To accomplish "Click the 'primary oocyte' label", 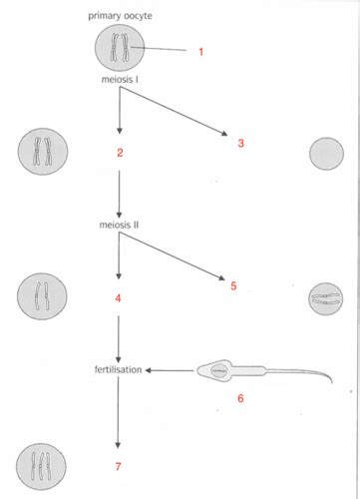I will [x=121, y=16].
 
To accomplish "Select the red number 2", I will [x=119, y=152].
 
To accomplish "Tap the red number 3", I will [x=240, y=144].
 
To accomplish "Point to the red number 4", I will [x=119, y=298].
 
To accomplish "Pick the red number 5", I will [x=233, y=285].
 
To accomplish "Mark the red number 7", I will [x=119, y=465].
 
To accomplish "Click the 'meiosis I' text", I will [x=120, y=79].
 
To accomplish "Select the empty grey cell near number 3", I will [x=327, y=155].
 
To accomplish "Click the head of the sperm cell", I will [x=216, y=371].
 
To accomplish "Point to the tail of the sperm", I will [x=299, y=376].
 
